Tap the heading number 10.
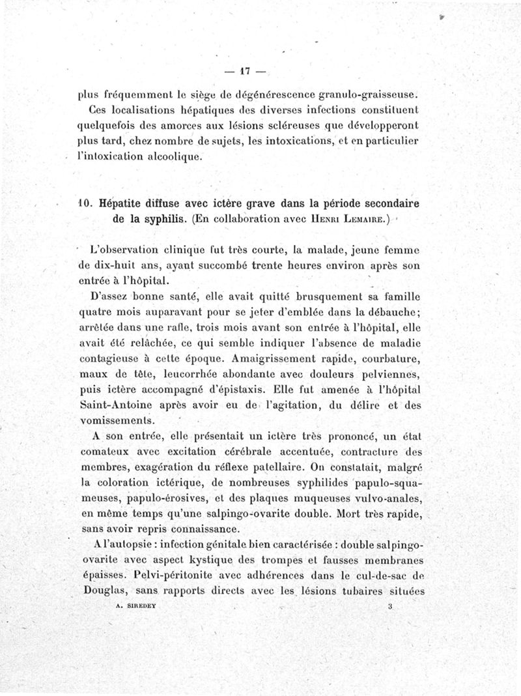pyautogui.click(x=85, y=203)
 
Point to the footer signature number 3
pyautogui.click(x=389, y=605)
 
